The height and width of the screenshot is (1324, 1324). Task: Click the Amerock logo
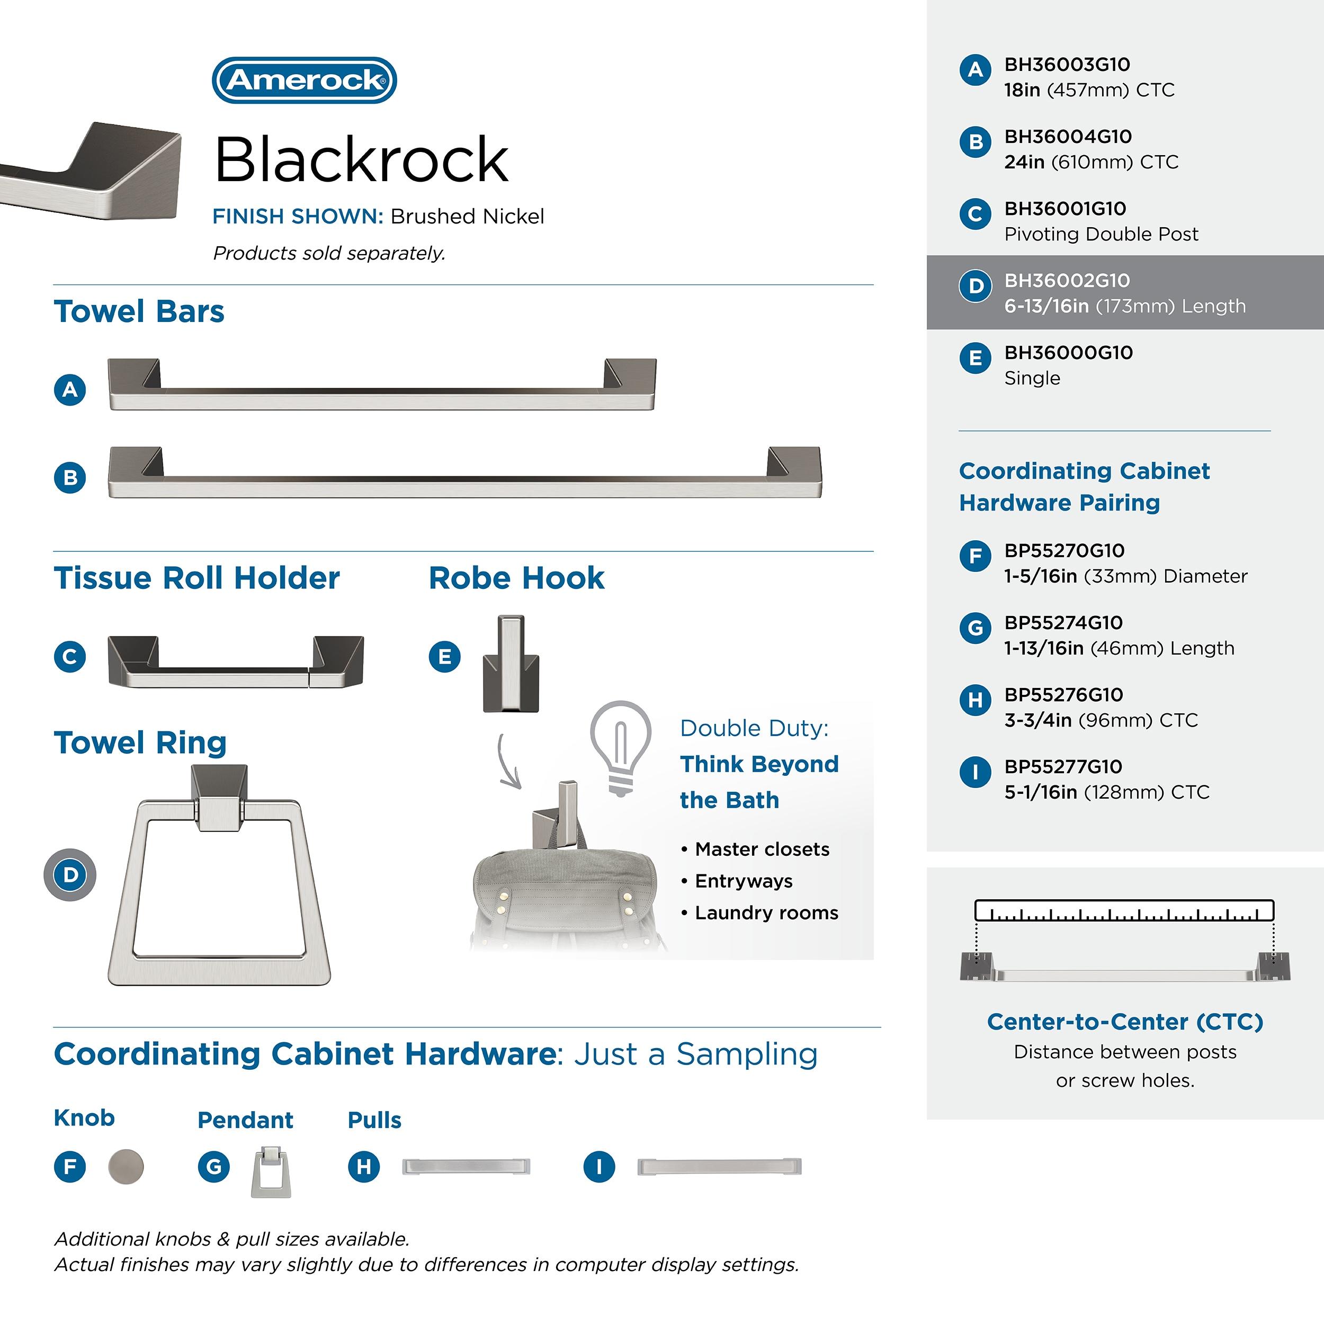(305, 80)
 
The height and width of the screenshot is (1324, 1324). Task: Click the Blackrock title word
(361, 160)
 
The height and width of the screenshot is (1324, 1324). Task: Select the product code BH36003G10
(1067, 65)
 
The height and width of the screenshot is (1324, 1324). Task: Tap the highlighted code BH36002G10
(1067, 280)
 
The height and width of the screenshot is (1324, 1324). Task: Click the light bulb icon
(621, 747)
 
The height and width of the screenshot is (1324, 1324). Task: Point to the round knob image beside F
(126, 1166)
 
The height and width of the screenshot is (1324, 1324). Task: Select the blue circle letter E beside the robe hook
(445, 657)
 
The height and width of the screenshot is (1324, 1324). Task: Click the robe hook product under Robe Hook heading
(511, 664)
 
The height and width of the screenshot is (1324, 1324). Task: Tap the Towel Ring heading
(140, 743)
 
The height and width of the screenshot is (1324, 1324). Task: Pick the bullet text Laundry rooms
(766, 913)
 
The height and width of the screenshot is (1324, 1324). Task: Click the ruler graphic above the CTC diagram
(1124, 910)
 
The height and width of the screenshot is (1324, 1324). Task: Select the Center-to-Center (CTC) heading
(1124, 1022)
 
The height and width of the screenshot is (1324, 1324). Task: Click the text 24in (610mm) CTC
(1091, 162)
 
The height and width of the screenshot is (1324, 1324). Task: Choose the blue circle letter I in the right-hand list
(975, 772)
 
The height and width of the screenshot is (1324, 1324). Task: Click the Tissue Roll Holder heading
(196, 578)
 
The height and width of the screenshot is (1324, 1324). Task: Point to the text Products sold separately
(329, 254)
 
